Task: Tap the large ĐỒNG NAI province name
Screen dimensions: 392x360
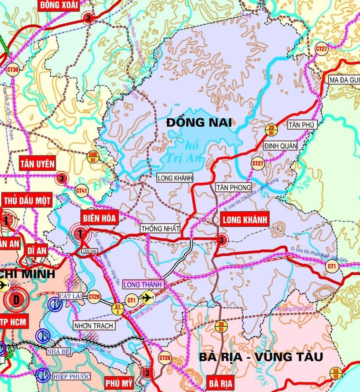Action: pyautogui.click(x=199, y=123)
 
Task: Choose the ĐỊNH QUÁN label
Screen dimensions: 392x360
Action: pyautogui.click(x=280, y=146)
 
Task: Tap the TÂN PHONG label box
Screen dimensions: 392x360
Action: pyautogui.click(x=234, y=187)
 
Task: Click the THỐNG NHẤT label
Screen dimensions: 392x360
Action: pyautogui.click(x=160, y=228)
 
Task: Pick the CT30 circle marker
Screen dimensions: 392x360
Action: pyautogui.click(x=13, y=69)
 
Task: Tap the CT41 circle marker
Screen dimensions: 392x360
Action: pyautogui.click(x=82, y=192)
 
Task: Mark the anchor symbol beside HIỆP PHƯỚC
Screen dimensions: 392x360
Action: pyautogui.click(x=42, y=375)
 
